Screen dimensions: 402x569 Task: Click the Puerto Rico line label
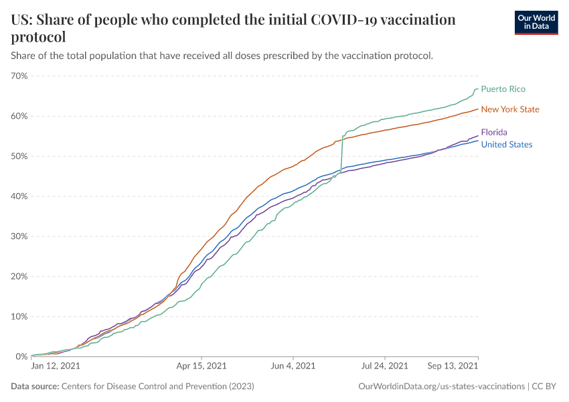[503, 89]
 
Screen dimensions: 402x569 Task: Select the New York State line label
[510, 109]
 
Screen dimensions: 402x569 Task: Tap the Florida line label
[494, 133]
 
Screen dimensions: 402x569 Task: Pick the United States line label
[507, 145]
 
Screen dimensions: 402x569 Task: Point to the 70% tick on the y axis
[19, 76]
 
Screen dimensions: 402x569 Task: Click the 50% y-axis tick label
[19, 156]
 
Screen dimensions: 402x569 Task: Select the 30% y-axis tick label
[19, 237]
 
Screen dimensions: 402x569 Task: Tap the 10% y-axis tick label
[19, 316]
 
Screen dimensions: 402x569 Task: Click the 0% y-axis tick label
[21, 356]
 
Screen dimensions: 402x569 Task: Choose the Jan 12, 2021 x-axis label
[56, 366]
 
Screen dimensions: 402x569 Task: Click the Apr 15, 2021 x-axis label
[201, 366]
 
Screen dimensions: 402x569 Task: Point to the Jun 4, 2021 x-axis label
[292, 366]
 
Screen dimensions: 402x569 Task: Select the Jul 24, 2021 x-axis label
[384, 366]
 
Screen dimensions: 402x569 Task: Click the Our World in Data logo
[536, 22]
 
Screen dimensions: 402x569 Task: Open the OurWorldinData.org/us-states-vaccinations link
[442, 387]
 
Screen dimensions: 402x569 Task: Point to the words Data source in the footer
[34, 387]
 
